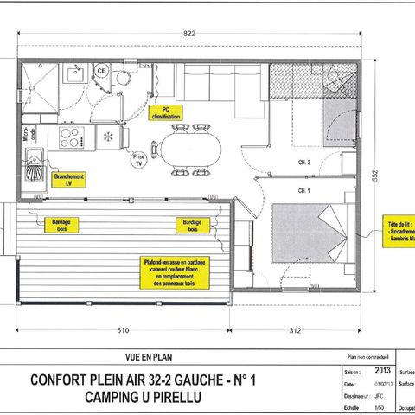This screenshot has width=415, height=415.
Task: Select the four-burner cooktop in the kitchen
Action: coord(69,137)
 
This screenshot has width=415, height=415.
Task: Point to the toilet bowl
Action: coord(120,80)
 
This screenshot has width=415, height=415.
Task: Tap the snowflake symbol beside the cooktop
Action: coord(107,137)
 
